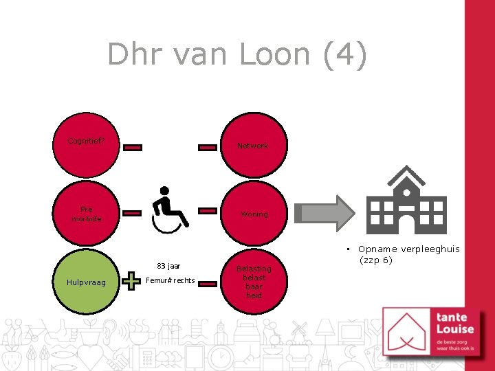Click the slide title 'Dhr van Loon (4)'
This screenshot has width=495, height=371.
[237, 54]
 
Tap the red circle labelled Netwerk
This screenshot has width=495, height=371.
[252, 146]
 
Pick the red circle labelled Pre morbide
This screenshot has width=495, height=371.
[86, 214]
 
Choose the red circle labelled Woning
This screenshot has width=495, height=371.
[254, 214]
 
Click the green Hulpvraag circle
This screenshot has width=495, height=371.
[86, 282]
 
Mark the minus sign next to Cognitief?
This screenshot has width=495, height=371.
[133, 147]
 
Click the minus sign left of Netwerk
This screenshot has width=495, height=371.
[208, 147]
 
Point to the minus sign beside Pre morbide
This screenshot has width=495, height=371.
[133, 214]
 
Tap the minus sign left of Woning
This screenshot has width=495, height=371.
[208, 210]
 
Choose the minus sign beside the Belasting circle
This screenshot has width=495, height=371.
[208, 282]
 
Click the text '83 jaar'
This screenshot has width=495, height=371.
[168, 266]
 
